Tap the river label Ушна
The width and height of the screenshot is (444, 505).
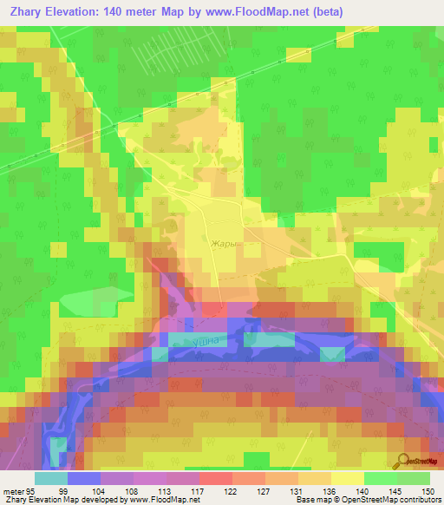212,343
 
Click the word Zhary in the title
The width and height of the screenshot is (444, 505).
30,12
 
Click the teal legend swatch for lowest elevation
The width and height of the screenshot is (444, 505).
50,478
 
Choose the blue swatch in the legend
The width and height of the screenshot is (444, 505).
83,478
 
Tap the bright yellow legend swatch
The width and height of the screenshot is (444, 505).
347,478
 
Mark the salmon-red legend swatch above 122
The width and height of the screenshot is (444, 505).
215,478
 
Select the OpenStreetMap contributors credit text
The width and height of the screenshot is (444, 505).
395,501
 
